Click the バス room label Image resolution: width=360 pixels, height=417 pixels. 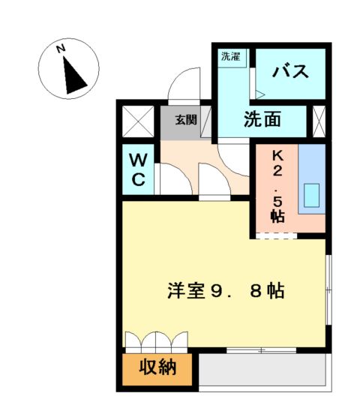[291, 73]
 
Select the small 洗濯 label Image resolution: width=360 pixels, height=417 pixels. [229, 56]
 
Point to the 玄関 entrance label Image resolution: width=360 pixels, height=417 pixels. [187, 119]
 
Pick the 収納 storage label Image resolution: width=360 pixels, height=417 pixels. [157, 368]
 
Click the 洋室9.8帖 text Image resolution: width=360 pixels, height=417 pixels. [225, 291]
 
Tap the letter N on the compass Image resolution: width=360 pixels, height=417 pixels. [63, 50]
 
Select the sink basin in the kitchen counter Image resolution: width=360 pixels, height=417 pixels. [311, 195]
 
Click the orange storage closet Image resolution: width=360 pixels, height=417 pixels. [157, 368]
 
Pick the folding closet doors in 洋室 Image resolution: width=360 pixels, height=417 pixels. [155, 341]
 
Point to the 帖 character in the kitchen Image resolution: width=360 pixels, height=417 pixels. [277, 217]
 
